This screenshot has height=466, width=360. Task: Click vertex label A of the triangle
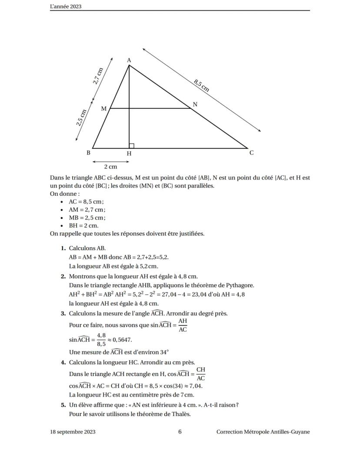click(129, 60)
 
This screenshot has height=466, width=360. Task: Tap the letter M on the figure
click(104, 108)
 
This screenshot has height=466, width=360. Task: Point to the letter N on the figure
click(195, 104)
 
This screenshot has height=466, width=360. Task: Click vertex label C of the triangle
click(251, 153)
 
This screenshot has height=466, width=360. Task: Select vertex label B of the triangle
click(88, 153)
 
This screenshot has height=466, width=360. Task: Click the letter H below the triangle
click(129, 154)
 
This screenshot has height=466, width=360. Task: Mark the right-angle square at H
click(131, 146)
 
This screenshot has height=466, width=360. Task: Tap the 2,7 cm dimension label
click(99, 76)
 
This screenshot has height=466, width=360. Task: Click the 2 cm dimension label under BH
click(110, 167)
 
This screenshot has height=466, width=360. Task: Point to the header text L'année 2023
click(66, 7)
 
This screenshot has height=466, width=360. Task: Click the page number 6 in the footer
click(180, 432)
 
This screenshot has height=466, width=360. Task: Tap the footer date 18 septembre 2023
click(73, 432)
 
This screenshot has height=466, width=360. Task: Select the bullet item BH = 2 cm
click(83, 225)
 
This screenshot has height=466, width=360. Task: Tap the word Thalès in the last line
click(182, 414)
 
